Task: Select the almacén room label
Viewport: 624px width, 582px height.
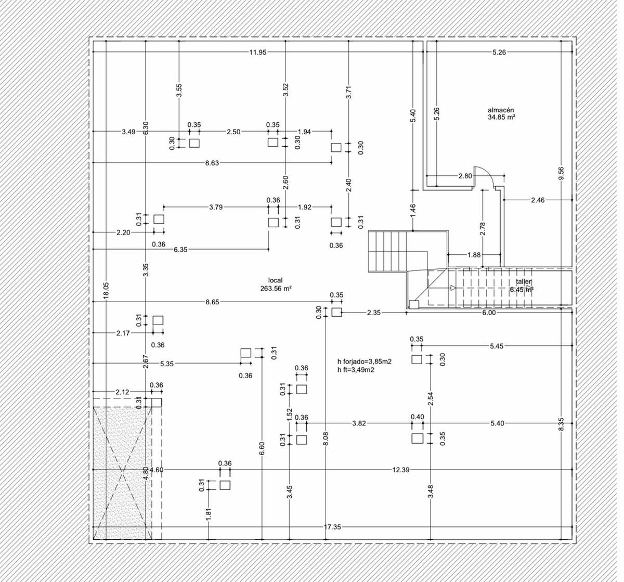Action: point(501,110)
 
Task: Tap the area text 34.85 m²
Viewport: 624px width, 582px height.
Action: point(501,118)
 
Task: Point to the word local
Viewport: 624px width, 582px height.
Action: point(275,280)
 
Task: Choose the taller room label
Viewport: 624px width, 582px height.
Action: point(524,282)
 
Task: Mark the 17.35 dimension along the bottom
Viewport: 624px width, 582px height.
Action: point(332,527)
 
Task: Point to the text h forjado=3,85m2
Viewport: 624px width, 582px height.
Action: point(364,363)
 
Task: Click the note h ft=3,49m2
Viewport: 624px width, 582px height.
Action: point(356,370)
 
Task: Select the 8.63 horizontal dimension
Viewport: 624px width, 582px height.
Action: point(212,163)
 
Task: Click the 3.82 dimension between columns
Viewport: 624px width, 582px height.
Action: point(359,423)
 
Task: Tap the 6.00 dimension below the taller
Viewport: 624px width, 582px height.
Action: point(489,313)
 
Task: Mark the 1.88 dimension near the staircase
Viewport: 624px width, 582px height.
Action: point(474,255)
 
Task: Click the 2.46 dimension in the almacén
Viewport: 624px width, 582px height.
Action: point(538,200)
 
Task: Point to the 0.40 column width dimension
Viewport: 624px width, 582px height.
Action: point(417,417)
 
